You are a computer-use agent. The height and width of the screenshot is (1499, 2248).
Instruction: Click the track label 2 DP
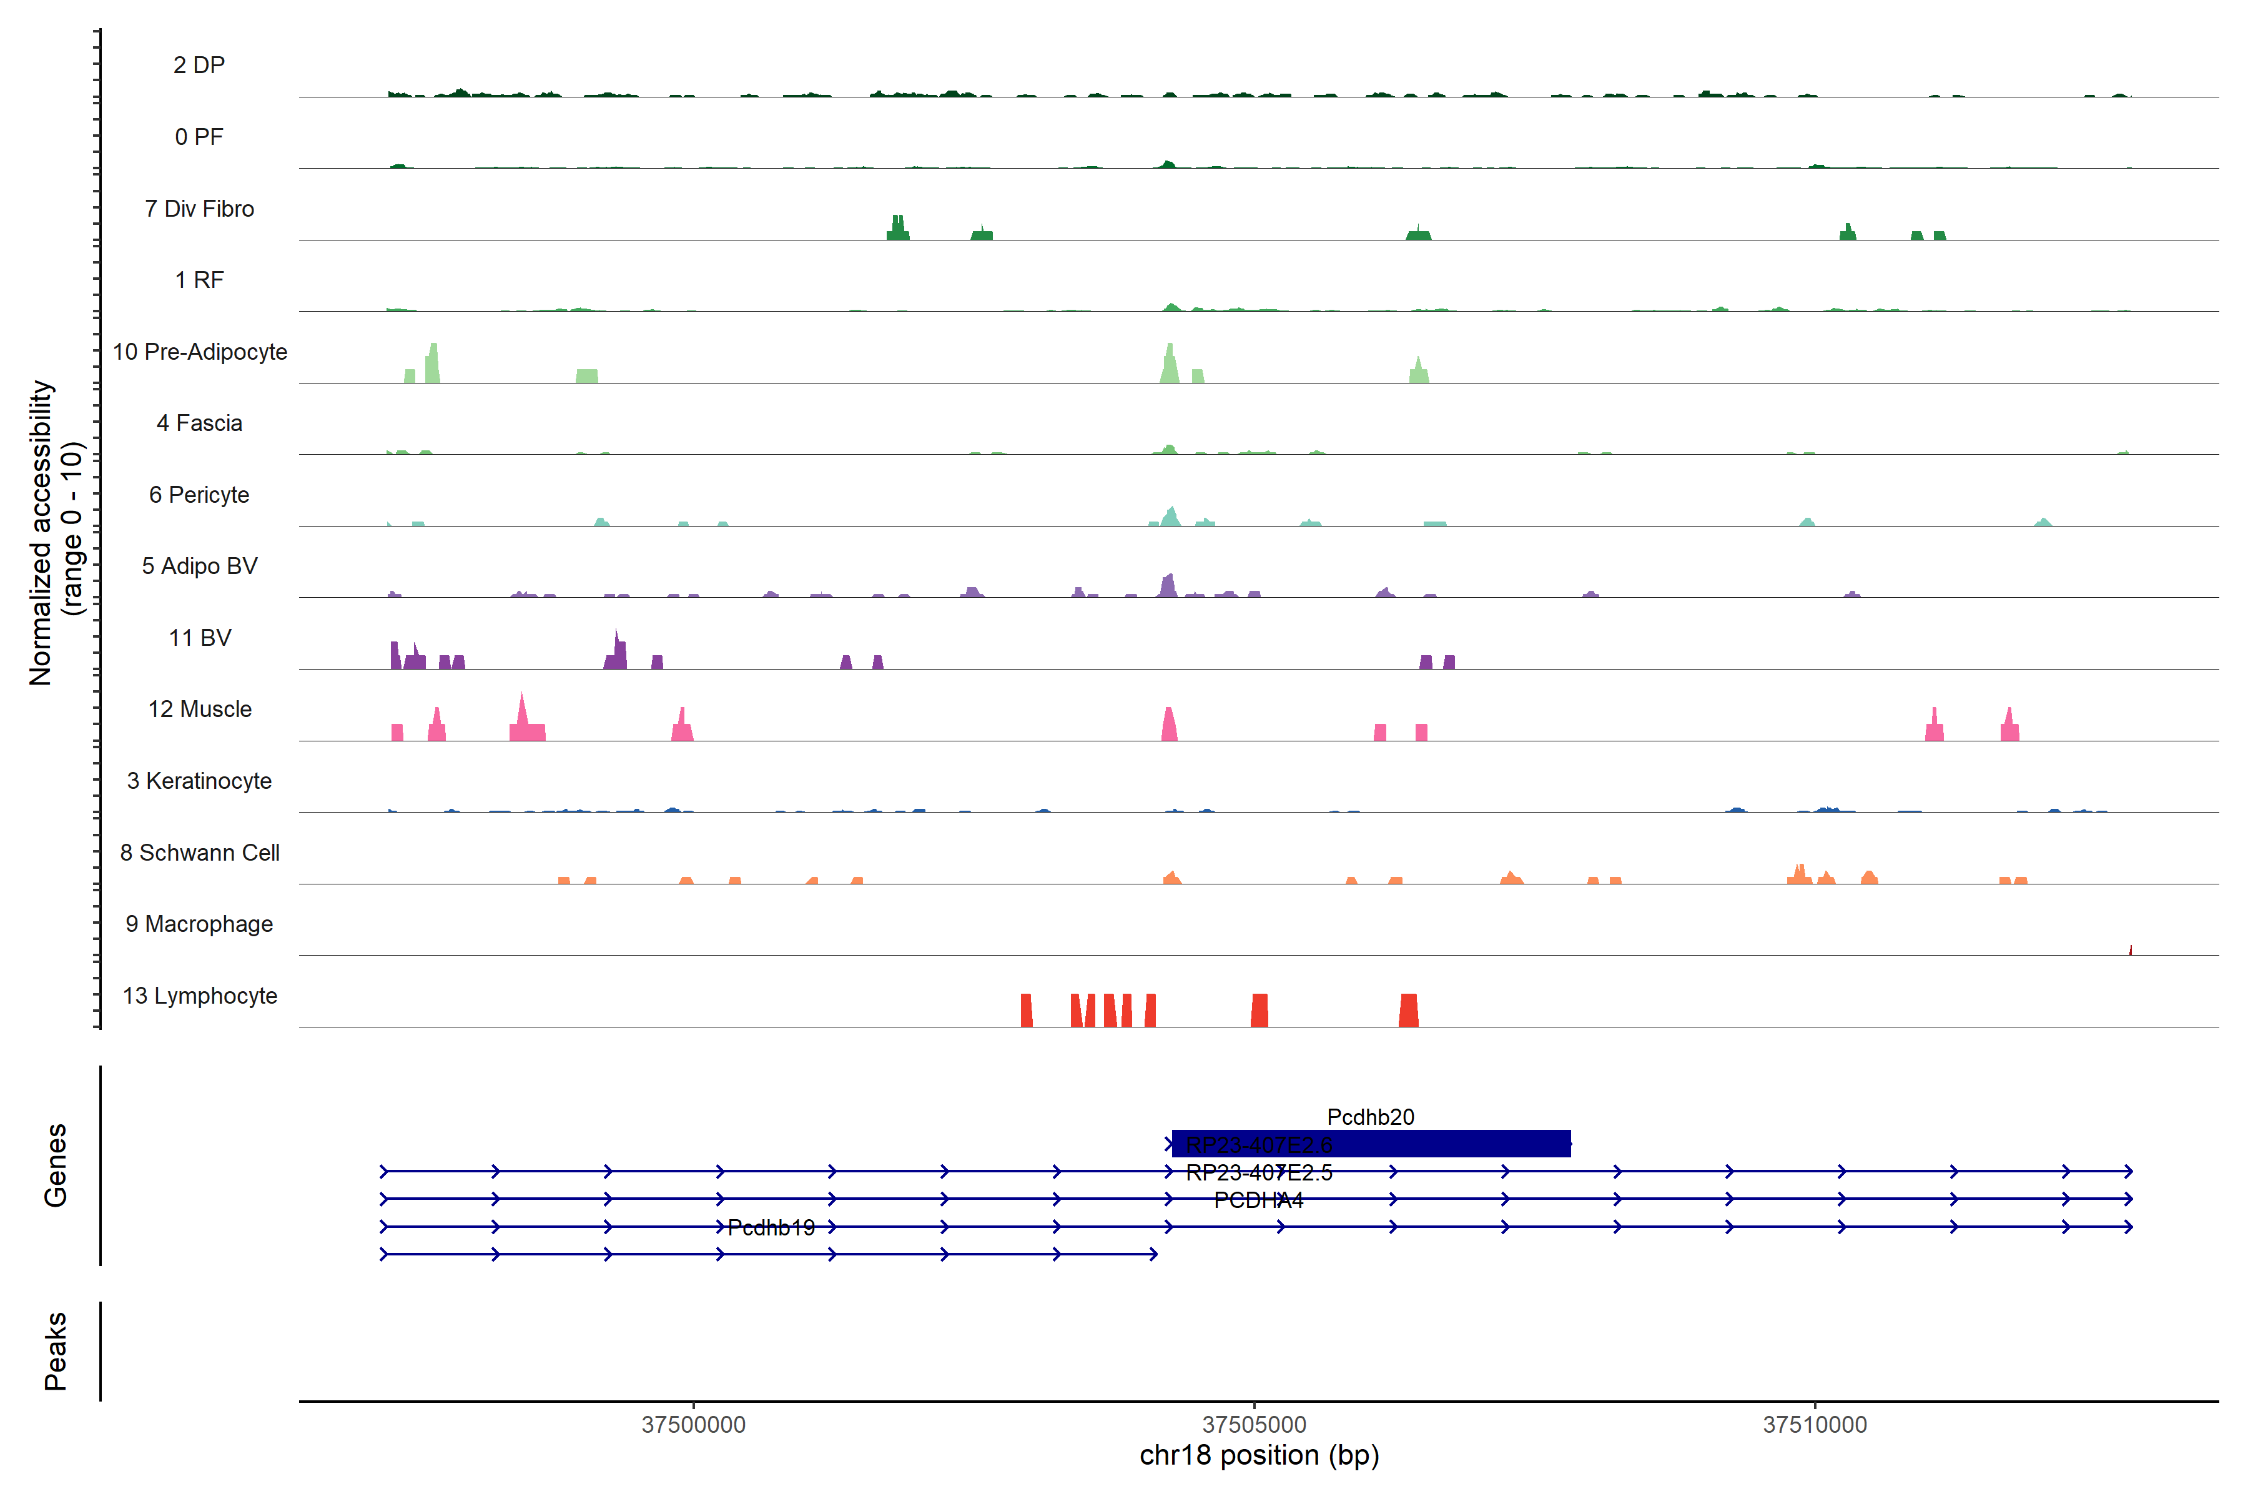199,65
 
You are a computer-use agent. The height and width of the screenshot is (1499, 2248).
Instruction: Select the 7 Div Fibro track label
199,209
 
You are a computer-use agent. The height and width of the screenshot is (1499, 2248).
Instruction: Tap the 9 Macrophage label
199,924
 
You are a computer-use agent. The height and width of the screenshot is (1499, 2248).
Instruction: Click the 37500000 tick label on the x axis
693,1425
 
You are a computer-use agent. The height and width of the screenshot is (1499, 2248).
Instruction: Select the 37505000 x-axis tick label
1254,1425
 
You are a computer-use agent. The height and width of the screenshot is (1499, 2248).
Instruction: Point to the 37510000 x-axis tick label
1815,1425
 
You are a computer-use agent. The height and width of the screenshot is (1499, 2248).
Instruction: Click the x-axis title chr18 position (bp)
1259,1456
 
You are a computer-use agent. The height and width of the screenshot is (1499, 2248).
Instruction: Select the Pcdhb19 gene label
771,1227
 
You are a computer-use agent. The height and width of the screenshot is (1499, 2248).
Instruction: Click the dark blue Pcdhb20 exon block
1434,1144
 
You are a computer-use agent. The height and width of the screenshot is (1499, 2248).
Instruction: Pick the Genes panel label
56,1165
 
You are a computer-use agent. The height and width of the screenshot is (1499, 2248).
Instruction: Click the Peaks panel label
56,1351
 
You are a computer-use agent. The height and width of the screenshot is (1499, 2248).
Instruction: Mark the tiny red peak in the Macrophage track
2131,950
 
